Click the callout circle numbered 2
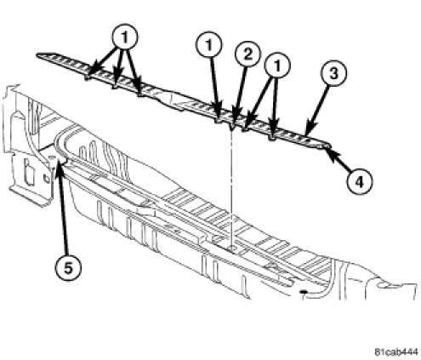[247, 54]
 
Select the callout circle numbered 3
[333, 73]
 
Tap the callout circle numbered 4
[359, 181]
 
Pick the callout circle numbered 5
[68, 268]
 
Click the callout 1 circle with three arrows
[125, 37]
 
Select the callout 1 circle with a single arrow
[209, 45]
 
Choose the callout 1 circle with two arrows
[277, 65]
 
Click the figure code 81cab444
[396, 352]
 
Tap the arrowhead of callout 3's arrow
[307, 134]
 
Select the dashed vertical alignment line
[232, 189]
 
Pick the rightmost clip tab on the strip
[271, 139]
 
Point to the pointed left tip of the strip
[37, 55]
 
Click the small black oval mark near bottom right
[304, 291]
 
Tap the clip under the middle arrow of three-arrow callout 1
[116, 86]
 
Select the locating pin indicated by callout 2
[232, 127]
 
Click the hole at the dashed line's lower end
[233, 249]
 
